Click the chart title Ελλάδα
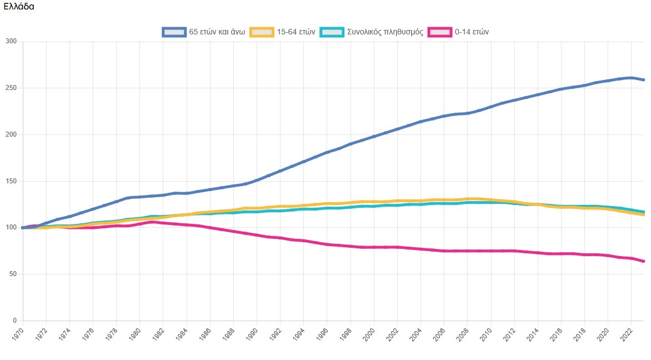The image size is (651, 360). click(x=19, y=7)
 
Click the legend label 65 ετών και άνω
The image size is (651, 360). click(x=217, y=32)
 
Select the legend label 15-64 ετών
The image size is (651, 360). click(x=296, y=32)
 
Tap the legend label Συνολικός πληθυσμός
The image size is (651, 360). click(x=385, y=32)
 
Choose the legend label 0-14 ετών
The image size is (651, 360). click(x=472, y=32)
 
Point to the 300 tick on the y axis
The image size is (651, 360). click(x=11, y=42)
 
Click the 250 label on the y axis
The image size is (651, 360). click(x=11, y=88)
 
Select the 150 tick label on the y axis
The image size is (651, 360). click(x=11, y=182)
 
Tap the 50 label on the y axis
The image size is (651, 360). click(x=13, y=274)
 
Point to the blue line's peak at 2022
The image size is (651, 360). click(x=631, y=78)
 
